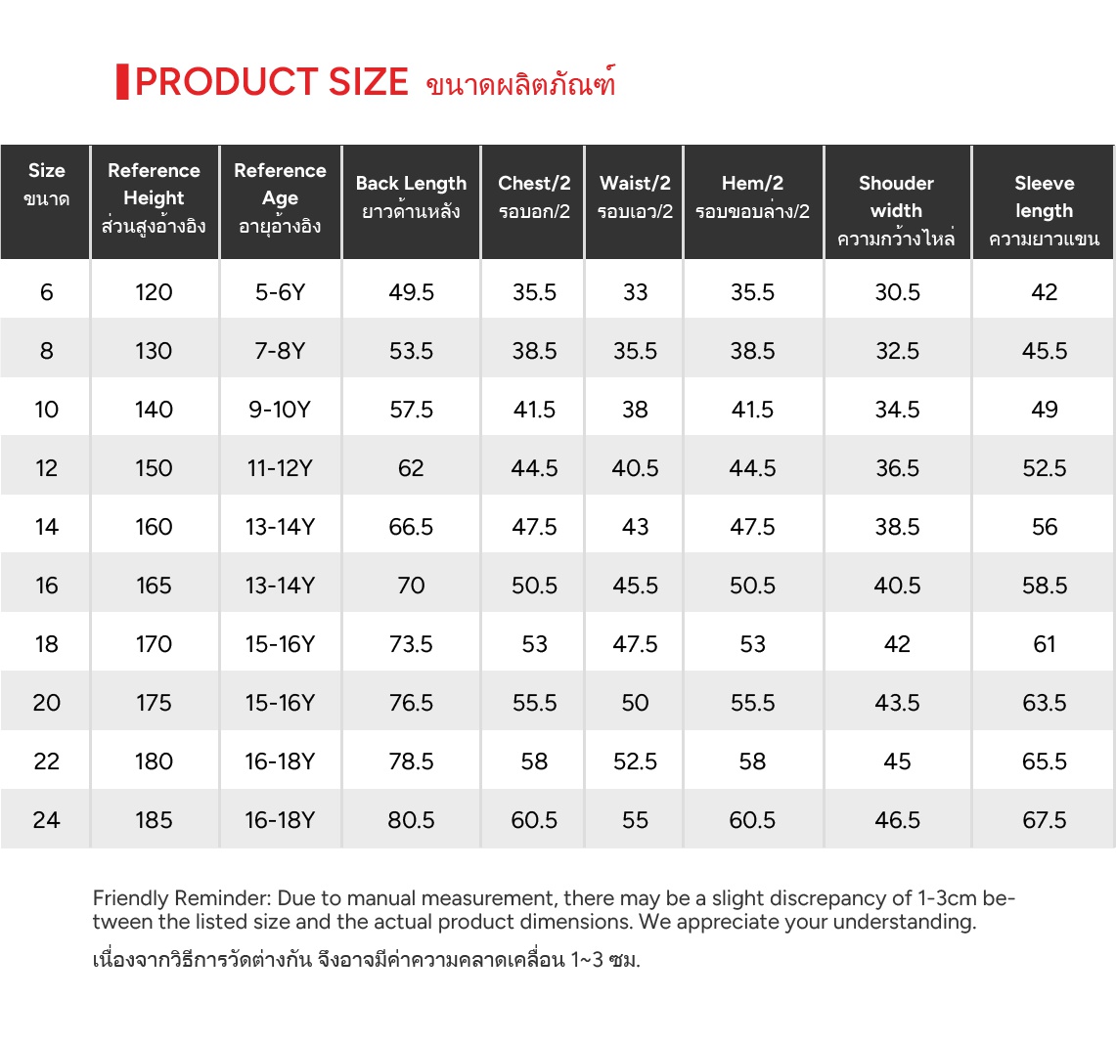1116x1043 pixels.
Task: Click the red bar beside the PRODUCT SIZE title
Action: tap(122, 82)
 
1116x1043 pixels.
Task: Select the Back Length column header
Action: tap(411, 196)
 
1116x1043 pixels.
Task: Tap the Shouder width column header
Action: tap(896, 209)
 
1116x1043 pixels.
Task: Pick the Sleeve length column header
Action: tap(1044, 209)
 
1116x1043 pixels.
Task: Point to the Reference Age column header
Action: tap(280, 197)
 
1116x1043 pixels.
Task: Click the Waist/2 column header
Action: tap(635, 196)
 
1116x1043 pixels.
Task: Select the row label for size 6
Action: tap(47, 292)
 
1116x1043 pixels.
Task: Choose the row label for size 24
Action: tap(47, 820)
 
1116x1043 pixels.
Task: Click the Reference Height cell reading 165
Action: tap(154, 586)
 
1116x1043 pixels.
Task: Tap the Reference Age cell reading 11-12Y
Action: tap(280, 468)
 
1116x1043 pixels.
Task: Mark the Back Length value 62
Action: tap(411, 468)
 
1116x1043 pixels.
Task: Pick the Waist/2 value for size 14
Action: tap(635, 527)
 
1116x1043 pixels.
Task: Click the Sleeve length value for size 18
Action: tap(1045, 644)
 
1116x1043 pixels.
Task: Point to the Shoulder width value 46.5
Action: tap(897, 820)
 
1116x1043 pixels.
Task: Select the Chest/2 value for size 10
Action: tap(534, 410)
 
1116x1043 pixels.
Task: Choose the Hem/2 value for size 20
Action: tap(752, 703)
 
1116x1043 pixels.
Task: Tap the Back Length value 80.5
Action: tap(411, 820)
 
